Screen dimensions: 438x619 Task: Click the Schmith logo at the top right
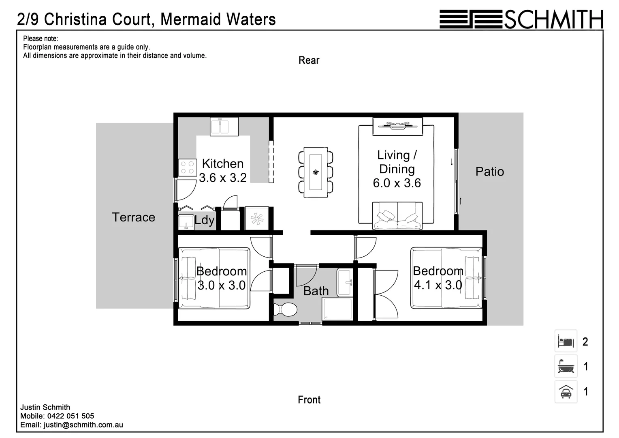click(x=521, y=19)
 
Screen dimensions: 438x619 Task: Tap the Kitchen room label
click(x=223, y=164)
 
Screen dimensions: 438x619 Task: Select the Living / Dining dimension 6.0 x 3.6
click(x=397, y=183)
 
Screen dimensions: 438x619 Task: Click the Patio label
click(x=489, y=172)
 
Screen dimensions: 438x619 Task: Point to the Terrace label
click(x=133, y=217)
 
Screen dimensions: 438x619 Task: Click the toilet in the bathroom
click(x=285, y=310)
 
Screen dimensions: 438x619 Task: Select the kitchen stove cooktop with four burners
click(x=187, y=167)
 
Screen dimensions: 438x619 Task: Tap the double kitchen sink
click(x=224, y=126)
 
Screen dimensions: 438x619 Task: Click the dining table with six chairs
click(x=316, y=172)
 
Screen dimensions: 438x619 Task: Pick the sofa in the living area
click(x=397, y=216)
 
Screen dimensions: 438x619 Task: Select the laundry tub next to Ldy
click(x=186, y=221)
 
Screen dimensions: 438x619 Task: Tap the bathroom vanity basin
click(x=345, y=282)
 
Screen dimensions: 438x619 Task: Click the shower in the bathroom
click(x=337, y=309)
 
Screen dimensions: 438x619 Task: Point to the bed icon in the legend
click(x=566, y=341)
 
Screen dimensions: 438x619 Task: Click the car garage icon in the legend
click(x=566, y=392)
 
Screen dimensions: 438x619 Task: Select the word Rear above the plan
click(x=309, y=60)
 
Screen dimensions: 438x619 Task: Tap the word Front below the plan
click(x=309, y=400)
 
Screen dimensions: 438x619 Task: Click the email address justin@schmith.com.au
click(x=83, y=425)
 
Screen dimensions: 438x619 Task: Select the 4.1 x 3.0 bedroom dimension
click(x=438, y=285)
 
